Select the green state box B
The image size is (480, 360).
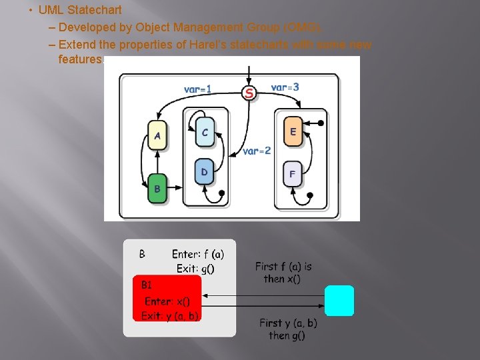(157, 188)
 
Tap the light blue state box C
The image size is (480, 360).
(205, 133)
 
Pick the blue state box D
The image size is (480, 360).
(204, 173)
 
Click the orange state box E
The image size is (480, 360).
(293, 131)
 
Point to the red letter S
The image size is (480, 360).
(249, 93)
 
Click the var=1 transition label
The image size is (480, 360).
(198, 89)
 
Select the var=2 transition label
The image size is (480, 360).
(257, 151)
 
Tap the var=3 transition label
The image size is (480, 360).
(285, 87)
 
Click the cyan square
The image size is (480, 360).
(339, 301)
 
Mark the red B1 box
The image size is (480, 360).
(167, 298)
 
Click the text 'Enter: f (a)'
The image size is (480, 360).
(198, 254)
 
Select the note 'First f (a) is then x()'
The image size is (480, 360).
(283, 273)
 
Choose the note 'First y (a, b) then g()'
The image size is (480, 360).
(288, 329)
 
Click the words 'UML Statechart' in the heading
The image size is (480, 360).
(80, 11)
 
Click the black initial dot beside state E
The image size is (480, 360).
(321, 123)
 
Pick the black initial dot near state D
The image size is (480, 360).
(221, 193)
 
